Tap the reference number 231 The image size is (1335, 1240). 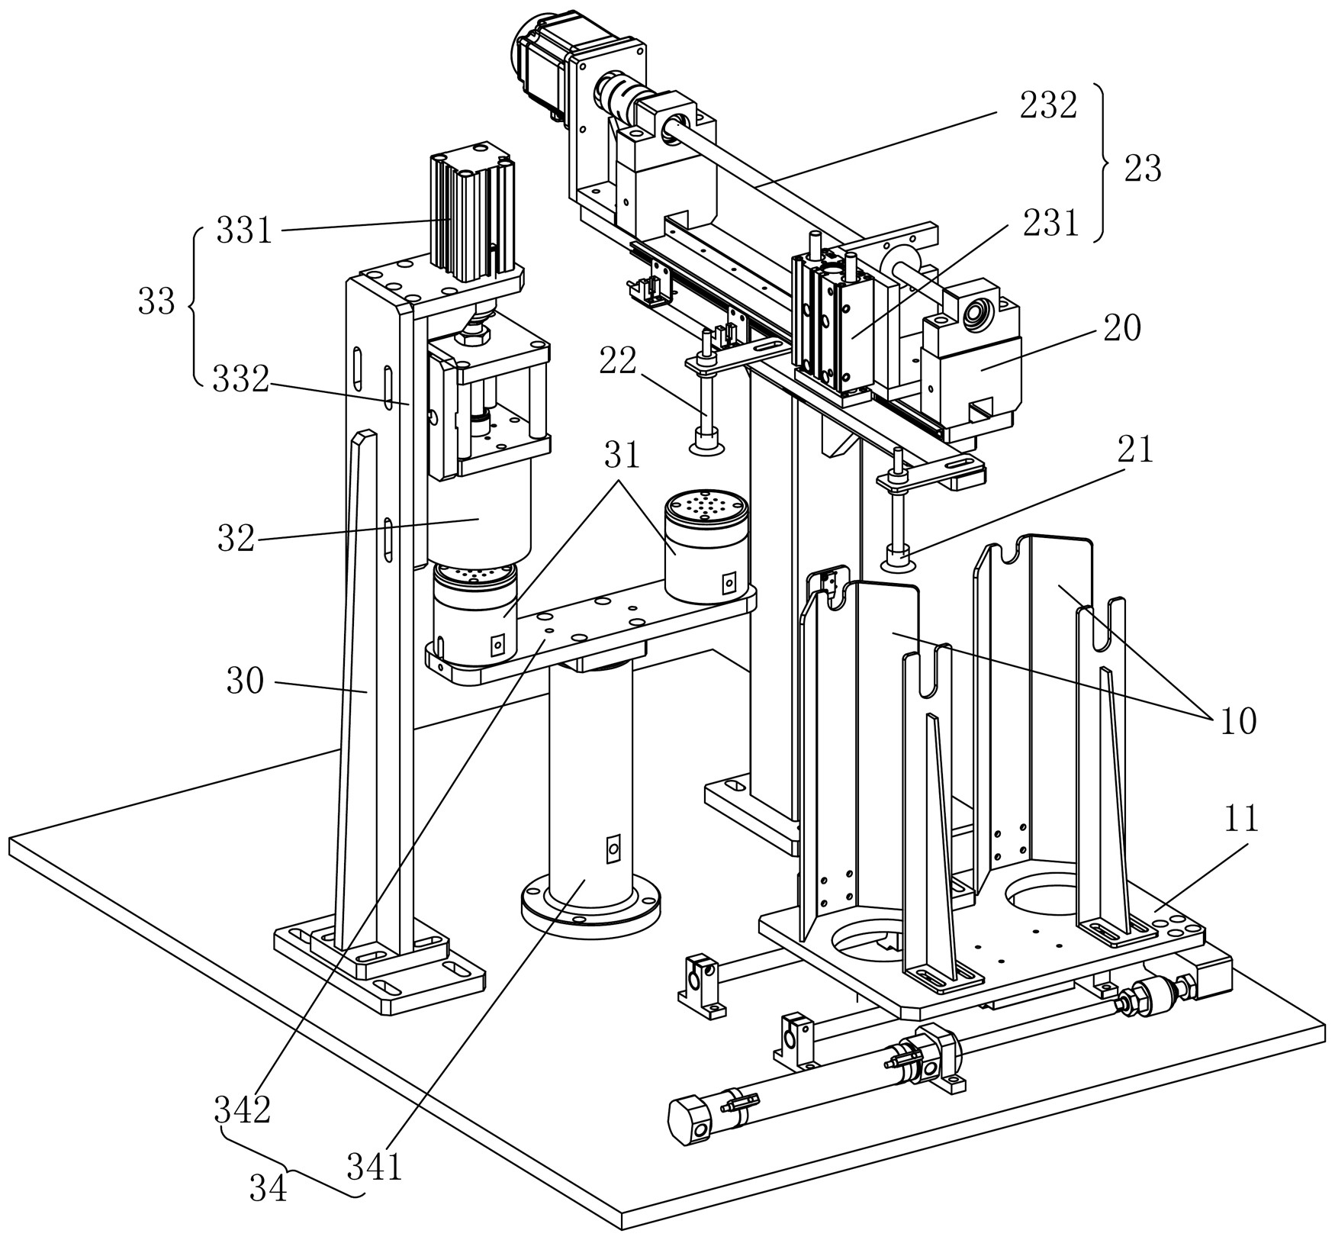coord(1051,224)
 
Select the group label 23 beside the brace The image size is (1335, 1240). coord(1142,168)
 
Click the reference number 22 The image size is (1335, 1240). coord(617,361)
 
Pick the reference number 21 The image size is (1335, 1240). coord(1135,450)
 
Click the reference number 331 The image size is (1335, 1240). coord(243,230)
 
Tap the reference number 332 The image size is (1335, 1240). coord(240,379)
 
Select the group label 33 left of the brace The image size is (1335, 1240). coord(156,303)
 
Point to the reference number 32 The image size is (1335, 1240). coord(235,539)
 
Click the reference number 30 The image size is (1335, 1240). coord(245,681)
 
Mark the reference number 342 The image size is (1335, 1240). coord(242,1111)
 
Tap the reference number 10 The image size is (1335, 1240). coord(1238,720)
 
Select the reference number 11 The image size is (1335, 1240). coord(1240,820)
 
